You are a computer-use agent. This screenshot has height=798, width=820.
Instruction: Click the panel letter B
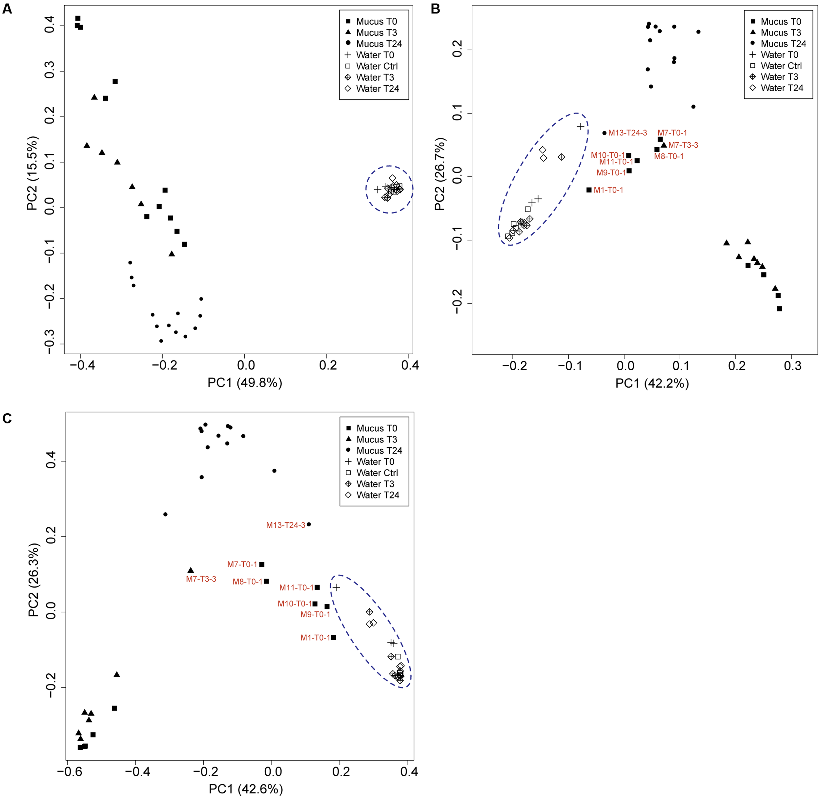click(x=435, y=9)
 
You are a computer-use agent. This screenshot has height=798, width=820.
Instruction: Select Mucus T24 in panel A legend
click(x=379, y=44)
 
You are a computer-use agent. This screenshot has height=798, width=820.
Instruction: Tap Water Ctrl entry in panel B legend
click(x=781, y=66)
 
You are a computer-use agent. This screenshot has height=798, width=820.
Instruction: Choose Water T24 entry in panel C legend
click(x=377, y=495)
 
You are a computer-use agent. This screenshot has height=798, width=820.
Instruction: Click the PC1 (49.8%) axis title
click(x=244, y=383)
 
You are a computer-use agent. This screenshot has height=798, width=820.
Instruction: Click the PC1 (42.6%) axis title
click(x=245, y=789)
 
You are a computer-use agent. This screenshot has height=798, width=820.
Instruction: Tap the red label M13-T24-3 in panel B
click(x=627, y=133)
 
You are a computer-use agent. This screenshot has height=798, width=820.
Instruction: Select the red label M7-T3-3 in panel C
click(x=201, y=579)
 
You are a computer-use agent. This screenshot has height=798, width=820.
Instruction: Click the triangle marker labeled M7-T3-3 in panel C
click(x=191, y=570)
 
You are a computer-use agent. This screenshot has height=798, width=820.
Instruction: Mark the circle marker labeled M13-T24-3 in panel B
click(x=604, y=133)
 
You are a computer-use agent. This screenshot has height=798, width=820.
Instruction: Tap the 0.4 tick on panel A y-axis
click(x=50, y=26)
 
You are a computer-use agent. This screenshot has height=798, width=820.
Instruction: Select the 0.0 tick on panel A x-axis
click(x=246, y=365)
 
